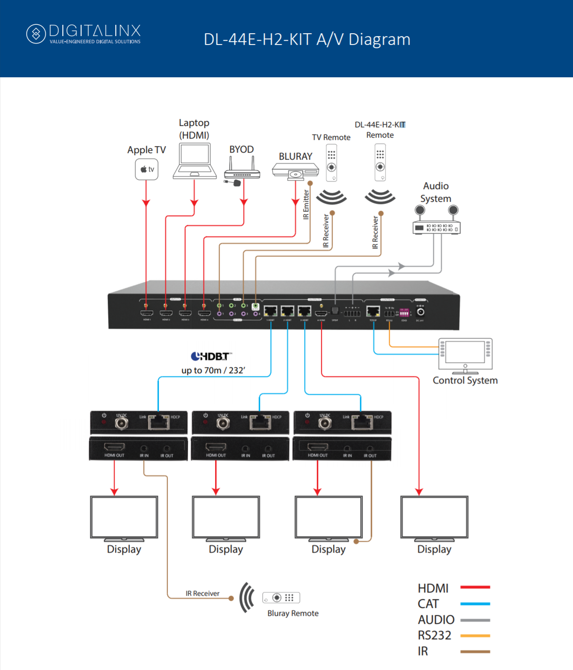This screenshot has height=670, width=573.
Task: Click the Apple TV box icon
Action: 147,169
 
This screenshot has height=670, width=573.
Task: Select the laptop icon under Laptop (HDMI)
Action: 194,161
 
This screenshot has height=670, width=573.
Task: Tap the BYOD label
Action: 241,149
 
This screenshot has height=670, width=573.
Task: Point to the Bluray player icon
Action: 295,170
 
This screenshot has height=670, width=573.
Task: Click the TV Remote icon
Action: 331,162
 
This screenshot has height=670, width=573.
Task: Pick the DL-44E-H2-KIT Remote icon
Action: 380,162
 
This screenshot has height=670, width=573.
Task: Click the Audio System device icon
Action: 437,222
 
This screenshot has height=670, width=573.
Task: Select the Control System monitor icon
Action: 465,355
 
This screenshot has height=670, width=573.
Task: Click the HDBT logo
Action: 211,356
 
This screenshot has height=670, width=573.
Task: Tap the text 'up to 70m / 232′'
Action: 213,370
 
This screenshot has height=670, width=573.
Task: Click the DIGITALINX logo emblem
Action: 36,34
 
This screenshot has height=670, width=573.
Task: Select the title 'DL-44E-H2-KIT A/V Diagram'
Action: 307,39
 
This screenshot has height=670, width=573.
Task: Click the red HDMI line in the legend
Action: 475,587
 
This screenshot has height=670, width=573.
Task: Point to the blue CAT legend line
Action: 475,604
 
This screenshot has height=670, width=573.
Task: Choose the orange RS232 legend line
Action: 475,636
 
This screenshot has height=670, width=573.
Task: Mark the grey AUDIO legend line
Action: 475,620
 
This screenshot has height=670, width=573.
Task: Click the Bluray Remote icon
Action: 281,598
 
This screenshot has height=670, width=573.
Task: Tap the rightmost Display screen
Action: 434,517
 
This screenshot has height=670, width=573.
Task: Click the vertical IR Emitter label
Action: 306,205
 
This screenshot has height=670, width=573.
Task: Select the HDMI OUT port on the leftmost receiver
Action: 114,447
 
